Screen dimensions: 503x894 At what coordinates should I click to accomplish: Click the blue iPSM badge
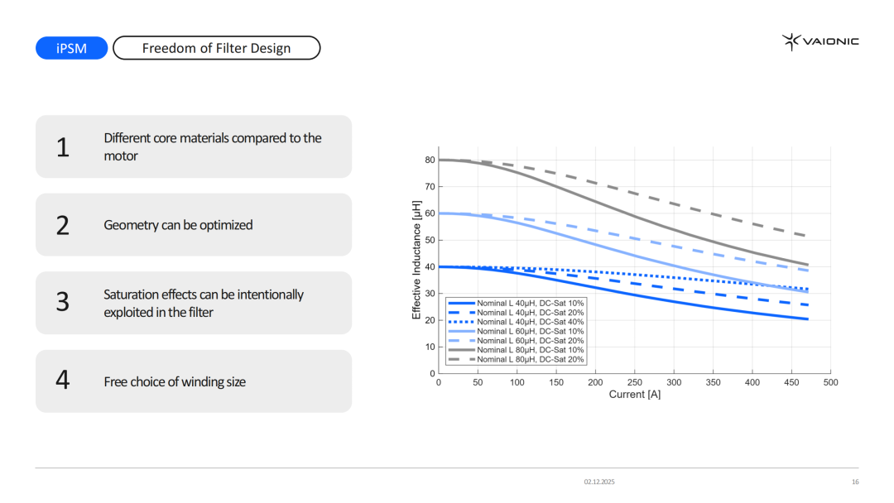pyautogui.click(x=71, y=48)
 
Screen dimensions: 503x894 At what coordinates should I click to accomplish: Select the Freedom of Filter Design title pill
pyautogui.click(x=216, y=48)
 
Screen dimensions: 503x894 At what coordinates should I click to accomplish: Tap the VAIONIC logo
pyautogui.click(x=820, y=41)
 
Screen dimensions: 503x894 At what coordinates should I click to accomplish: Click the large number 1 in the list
pyautogui.click(x=63, y=147)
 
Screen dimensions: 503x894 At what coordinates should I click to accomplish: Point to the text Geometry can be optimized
pyautogui.click(x=178, y=225)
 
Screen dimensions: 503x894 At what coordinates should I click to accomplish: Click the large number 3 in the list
pyautogui.click(x=63, y=303)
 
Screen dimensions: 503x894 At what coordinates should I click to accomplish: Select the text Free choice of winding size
pyautogui.click(x=175, y=381)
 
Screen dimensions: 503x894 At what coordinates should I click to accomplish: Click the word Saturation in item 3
pyautogui.click(x=132, y=295)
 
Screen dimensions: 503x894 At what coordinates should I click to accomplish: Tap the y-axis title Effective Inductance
pyautogui.click(x=417, y=260)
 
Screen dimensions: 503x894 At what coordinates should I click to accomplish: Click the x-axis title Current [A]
pyautogui.click(x=634, y=395)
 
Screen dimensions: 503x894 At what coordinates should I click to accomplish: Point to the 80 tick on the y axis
pyautogui.click(x=430, y=160)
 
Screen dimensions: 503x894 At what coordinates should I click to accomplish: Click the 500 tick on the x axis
pyautogui.click(x=830, y=383)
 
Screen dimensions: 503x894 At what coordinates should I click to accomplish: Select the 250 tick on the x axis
pyautogui.click(x=634, y=383)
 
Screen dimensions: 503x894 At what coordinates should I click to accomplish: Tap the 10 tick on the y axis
pyautogui.click(x=430, y=347)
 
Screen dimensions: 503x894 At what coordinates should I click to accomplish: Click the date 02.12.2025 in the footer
pyautogui.click(x=599, y=481)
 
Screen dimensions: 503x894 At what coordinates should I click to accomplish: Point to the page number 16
pyautogui.click(x=855, y=481)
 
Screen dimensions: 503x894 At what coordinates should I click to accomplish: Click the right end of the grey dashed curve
pyautogui.click(x=807, y=237)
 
